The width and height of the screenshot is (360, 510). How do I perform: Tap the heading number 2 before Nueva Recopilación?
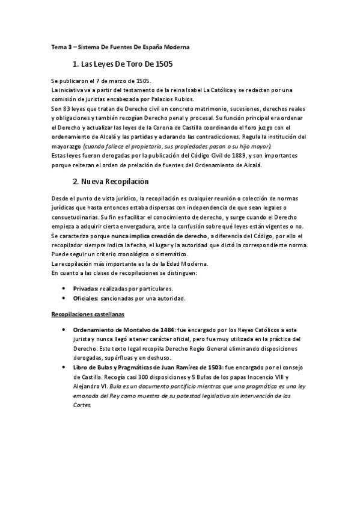click(75, 181)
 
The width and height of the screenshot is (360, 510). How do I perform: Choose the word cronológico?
click(134, 254)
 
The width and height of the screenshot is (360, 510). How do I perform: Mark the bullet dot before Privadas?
click(64, 289)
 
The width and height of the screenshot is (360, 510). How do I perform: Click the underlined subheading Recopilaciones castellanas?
click(88, 314)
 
